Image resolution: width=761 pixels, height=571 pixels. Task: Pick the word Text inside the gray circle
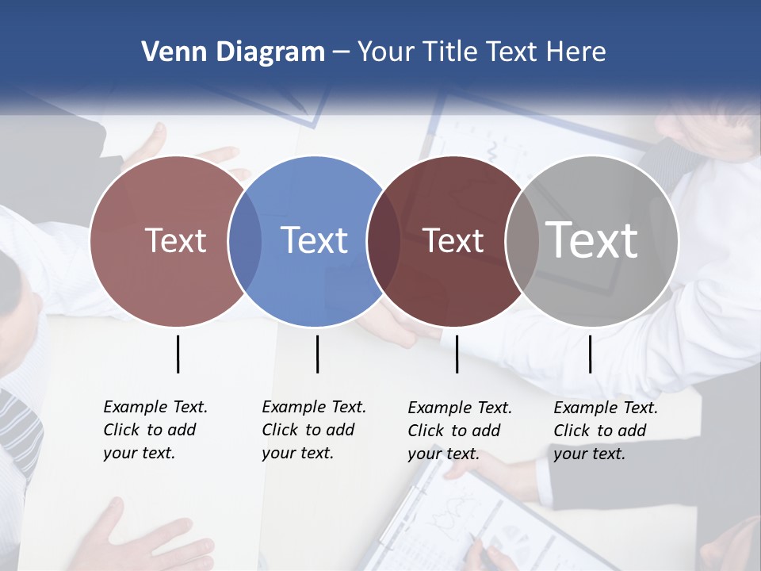click(x=591, y=240)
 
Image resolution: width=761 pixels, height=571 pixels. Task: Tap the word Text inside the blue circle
click(x=315, y=240)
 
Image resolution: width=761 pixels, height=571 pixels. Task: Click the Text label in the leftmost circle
click(x=175, y=240)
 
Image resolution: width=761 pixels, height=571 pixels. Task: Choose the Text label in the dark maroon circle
click(x=453, y=240)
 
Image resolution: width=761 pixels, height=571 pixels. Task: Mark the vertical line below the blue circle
click(x=317, y=354)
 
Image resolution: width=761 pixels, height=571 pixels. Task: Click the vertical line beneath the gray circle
click(x=590, y=354)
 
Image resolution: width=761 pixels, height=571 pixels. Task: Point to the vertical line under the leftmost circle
click(x=178, y=354)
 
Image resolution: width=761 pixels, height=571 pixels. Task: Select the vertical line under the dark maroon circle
click(x=457, y=354)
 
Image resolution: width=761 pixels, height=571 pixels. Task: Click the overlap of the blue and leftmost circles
click(x=245, y=241)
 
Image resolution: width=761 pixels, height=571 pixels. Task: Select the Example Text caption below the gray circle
click(x=605, y=431)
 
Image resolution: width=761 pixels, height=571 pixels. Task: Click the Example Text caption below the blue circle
click(x=313, y=430)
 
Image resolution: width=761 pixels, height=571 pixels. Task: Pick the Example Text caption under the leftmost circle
click(x=155, y=430)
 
